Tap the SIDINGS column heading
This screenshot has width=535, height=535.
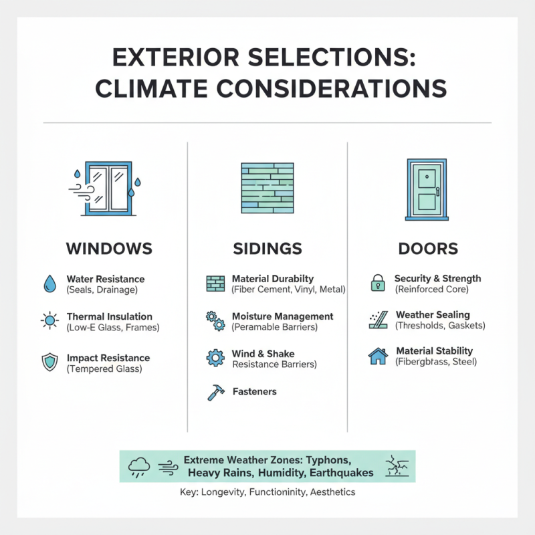(268, 249)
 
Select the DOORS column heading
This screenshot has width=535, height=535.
(428, 249)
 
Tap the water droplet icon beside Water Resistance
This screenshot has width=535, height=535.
(49, 284)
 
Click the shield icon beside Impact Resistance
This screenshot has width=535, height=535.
(49, 362)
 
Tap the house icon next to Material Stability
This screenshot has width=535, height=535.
(378, 356)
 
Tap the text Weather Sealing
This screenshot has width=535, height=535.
(433, 315)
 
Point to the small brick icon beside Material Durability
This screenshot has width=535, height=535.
(215, 284)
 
